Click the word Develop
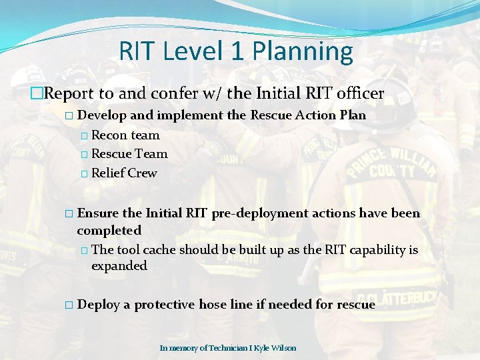coord(102,115)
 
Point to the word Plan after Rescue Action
coord(353,115)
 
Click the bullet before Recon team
coord(83,135)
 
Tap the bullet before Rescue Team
coord(83,154)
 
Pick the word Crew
coord(143,173)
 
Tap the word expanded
coord(119,266)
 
